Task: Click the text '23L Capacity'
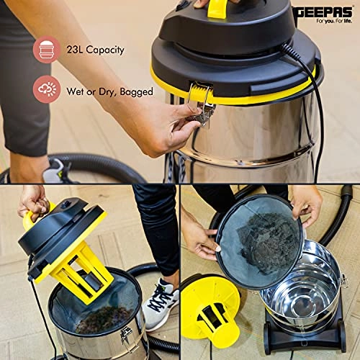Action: coord(94,50)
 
